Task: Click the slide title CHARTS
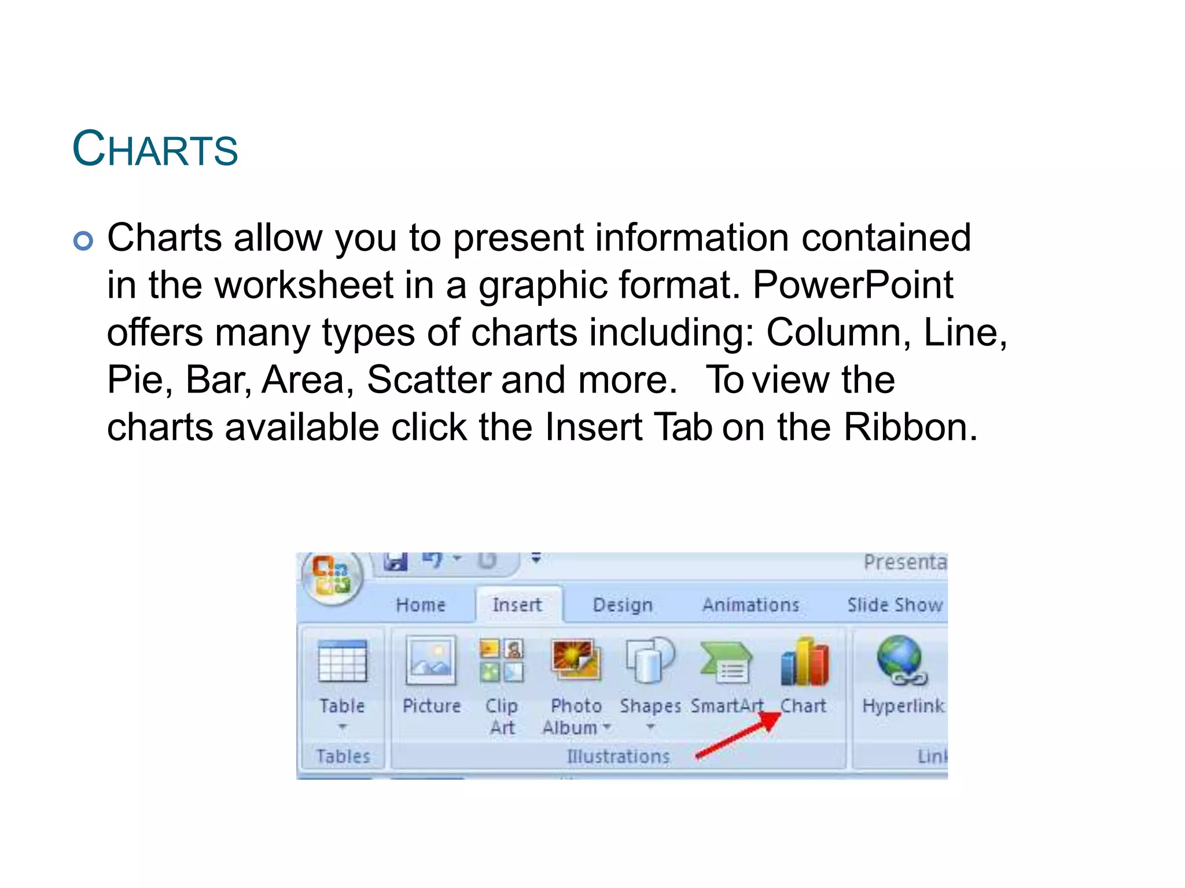point(155,149)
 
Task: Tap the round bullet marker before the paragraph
point(83,240)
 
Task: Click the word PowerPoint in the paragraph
point(852,285)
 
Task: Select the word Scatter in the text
point(429,380)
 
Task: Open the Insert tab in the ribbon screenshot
point(517,605)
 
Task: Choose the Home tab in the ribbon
point(421,605)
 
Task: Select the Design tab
point(623,605)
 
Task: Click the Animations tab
point(750,605)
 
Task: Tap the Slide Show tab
point(895,605)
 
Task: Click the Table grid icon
point(343,662)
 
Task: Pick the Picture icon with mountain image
point(431,661)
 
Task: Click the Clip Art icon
point(502,661)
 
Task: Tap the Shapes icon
point(650,661)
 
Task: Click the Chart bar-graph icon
point(804,662)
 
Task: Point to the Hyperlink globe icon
point(901,661)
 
